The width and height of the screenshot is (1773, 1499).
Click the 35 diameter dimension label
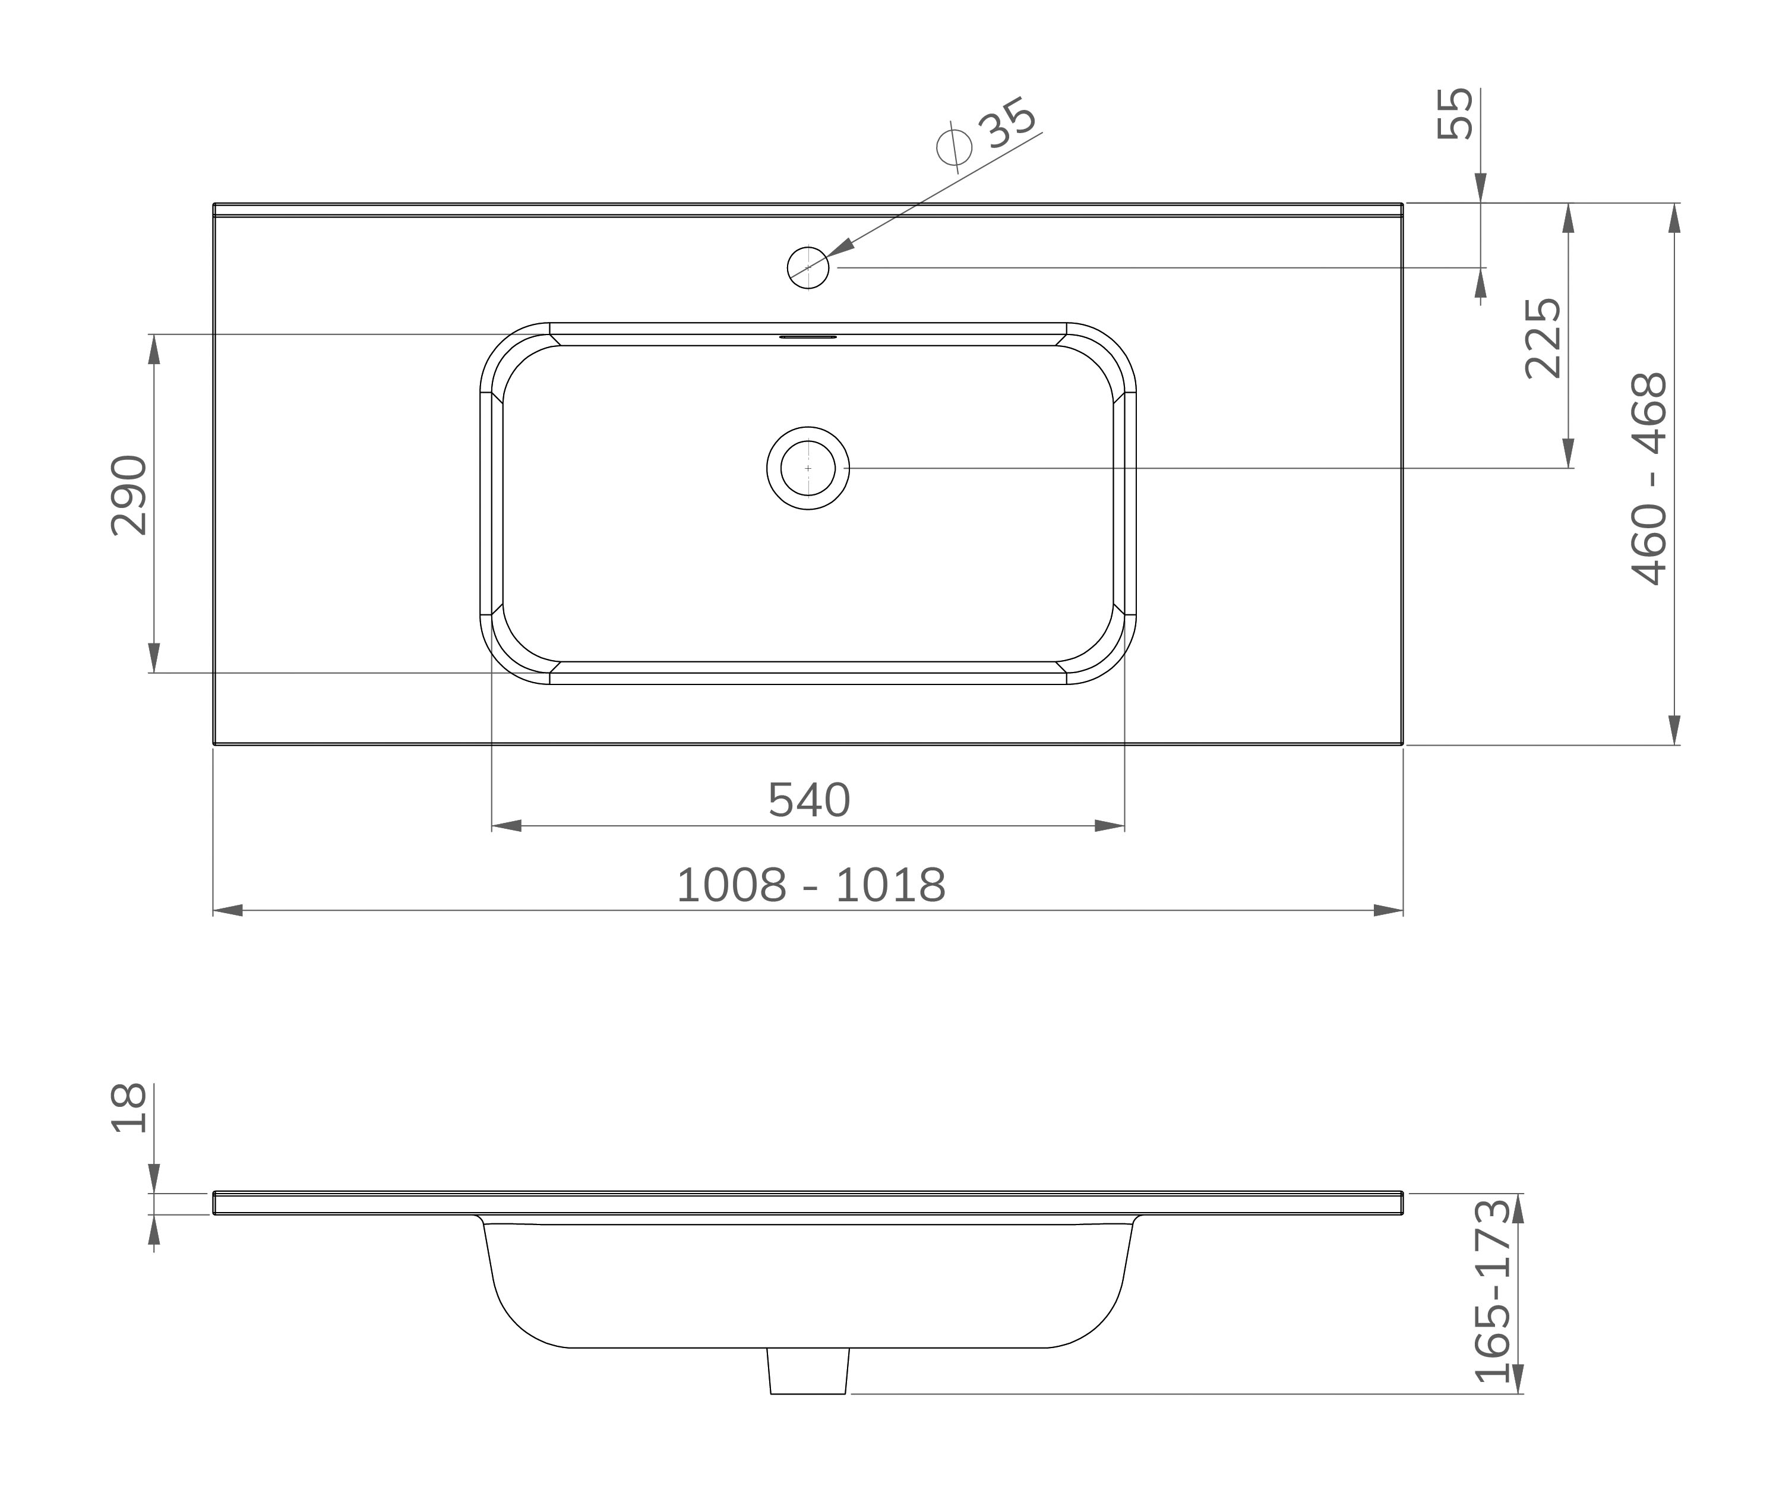tap(1007, 122)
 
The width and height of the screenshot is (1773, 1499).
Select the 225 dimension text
tap(1543, 337)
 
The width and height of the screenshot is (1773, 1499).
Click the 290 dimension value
tap(129, 496)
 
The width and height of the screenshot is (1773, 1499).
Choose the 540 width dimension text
tap(809, 800)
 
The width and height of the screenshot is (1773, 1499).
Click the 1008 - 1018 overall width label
tap(810, 885)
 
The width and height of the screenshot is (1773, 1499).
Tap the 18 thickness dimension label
tap(129, 1108)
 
